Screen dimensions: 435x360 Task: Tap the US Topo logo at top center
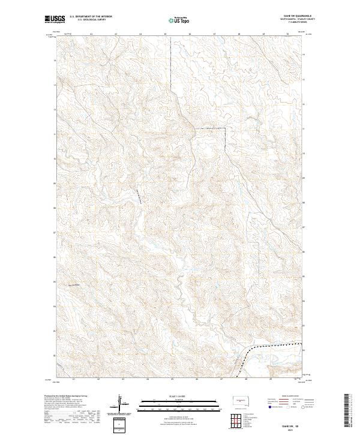pyautogui.click(x=180, y=20)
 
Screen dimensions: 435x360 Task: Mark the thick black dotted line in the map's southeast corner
pyautogui.click(x=264, y=348)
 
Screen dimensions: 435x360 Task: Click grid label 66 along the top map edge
pyautogui.click(x=190, y=34)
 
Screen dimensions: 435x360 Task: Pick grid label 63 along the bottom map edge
pyautogui.click(x=122, y=379)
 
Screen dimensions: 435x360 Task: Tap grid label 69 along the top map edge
pyautogui.click(x=263, y=34)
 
